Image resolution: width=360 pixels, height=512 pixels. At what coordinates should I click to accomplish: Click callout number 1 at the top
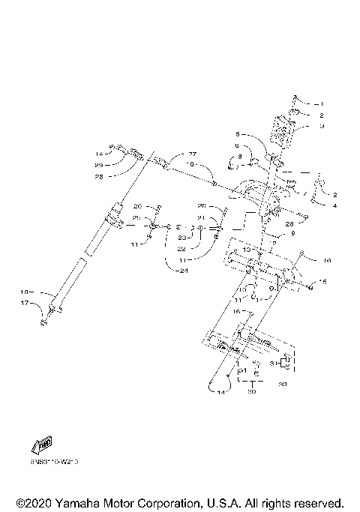coord(321,103)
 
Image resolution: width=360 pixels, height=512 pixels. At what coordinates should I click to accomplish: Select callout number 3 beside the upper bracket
coord(321,127)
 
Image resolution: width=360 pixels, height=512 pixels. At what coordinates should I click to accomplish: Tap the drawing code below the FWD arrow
coord(55,461)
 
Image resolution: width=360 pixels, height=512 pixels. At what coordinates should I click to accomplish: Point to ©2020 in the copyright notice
coord(36,502)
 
